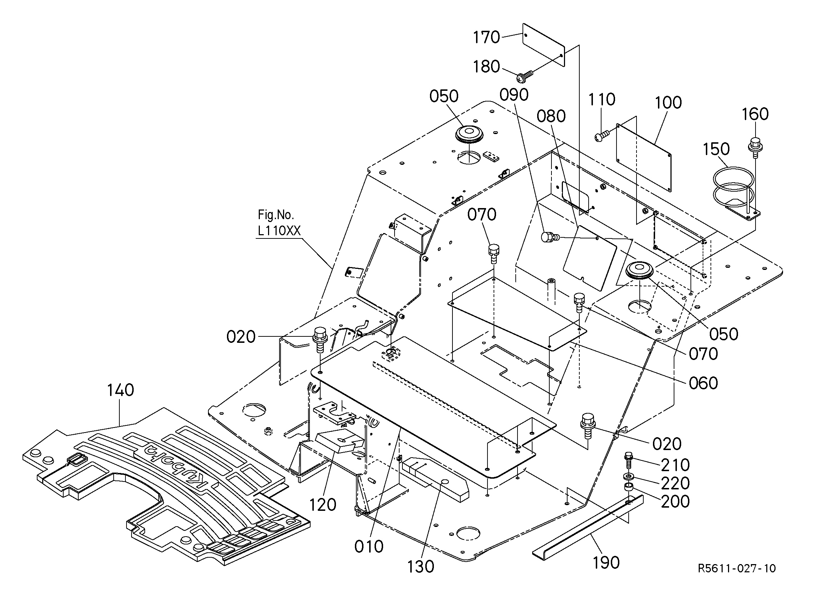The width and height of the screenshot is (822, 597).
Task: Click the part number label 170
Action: click(487, 37)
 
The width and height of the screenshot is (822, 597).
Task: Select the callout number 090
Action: click(514, 95)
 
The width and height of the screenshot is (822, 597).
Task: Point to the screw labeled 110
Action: click(602, 136)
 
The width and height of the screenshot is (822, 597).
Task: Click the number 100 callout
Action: click(668, 103)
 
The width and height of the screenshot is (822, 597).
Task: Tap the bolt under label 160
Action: click(755, 148)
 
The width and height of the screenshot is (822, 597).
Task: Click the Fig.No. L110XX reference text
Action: click(279, 223)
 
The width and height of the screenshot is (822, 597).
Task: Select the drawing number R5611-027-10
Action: click(737, 568)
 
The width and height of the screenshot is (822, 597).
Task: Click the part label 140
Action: click(120, 390)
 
